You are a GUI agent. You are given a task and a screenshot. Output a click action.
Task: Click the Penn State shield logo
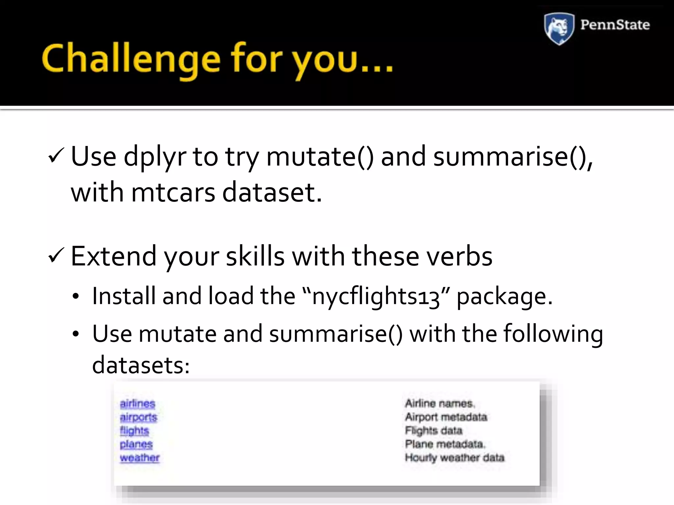(x=559, y=28)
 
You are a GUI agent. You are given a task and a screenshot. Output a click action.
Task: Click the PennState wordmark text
(x=615, y=25)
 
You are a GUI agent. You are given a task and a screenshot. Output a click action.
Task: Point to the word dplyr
(x=155, y=157)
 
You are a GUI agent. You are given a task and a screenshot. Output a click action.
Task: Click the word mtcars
(x=173, y=192)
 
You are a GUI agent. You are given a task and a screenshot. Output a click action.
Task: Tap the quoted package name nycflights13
(x=376, y=297)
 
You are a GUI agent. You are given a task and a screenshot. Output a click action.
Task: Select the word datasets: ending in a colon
(x=141, y=365)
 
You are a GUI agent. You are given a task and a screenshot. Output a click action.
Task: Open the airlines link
(x=137, y=403)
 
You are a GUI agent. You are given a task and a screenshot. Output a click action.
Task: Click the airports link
(x=138, y=417)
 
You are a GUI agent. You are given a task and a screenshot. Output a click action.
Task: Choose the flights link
(x=134, y=431)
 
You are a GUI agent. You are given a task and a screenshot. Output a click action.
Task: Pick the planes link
(x=136, y=444)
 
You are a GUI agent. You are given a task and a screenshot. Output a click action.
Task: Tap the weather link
(x=140, y=458)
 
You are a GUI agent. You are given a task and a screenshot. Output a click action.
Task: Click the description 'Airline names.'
(x=440, y=403)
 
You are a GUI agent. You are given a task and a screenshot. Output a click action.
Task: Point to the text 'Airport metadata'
(x=446, y=417)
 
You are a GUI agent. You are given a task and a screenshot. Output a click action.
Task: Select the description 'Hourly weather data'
(x=454, y=458)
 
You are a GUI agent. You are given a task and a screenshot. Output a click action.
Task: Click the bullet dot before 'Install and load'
(x=76, y=297)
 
